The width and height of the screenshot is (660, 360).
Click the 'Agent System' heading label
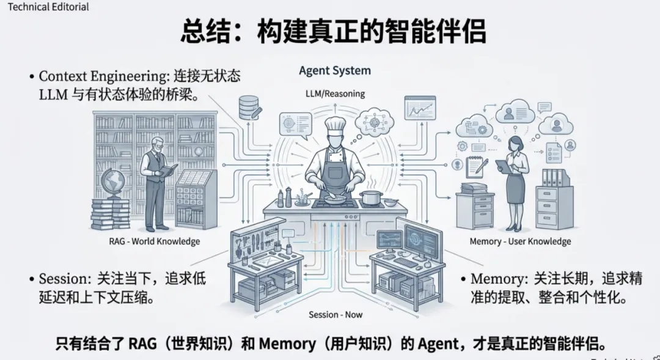334,70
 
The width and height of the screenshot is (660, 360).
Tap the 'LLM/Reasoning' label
335,94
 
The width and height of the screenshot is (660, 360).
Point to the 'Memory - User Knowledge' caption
520,241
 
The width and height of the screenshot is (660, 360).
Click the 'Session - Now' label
335,314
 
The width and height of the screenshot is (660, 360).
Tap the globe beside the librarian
114,182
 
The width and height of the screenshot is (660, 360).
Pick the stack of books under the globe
111,212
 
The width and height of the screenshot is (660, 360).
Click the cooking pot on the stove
370,197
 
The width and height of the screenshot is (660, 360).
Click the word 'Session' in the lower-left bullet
64,279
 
